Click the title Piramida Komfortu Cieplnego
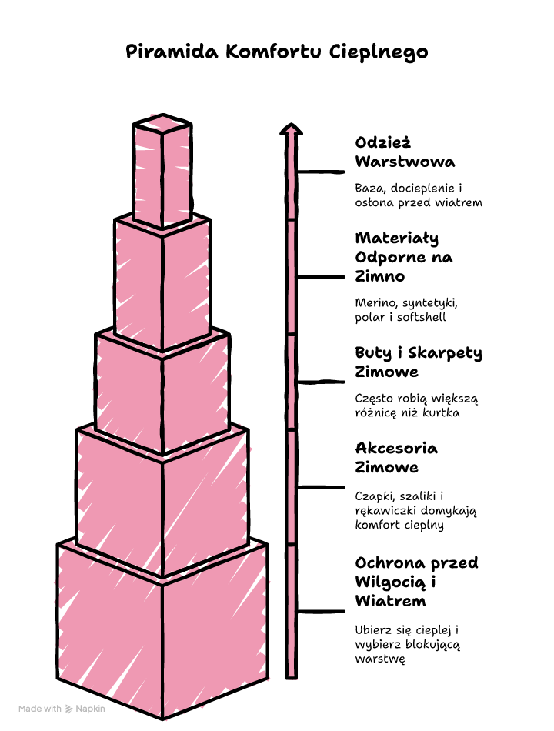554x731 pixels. pos(276,52)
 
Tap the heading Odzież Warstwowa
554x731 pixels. pos(405,152)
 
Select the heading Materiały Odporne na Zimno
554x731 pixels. pos(404,257)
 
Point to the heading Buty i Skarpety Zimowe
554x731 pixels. pos(419,362)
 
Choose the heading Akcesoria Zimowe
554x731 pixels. pos(396,458)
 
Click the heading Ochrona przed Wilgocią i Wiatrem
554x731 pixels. pos(416,582)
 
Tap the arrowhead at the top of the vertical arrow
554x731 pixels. pos(291,129)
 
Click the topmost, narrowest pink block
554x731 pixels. pos(162,170)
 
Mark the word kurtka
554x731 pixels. pos(441,412)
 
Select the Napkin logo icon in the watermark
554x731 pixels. pos(69,709)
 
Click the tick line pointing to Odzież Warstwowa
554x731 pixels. pos(321,172)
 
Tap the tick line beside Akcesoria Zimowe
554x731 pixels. pos(321,487)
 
